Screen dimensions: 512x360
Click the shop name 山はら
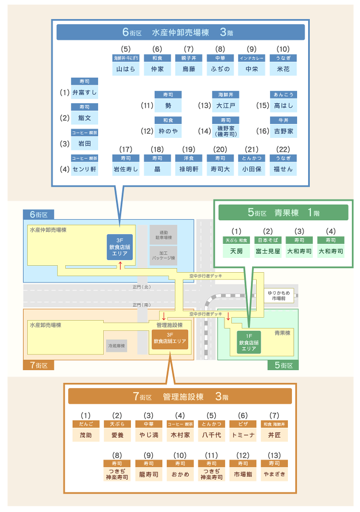pyautogui.click(x=125, y=69)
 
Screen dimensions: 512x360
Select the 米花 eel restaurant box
pyautogui.click(x=283, y=69)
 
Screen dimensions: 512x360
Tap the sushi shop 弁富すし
pyautogui.click(x=84, y=92)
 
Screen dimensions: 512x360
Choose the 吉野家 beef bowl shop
pyautogui.click(x=283, y=131)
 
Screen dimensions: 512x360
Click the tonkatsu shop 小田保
pyautogui.click(x=252, y=169)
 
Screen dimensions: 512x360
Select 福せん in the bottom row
pyautogui.click(x=283, y=169)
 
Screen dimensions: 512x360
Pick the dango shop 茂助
pyautogui.click(x=85, y=435)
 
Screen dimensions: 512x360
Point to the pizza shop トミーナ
pyautogui.click(x=242, y=435)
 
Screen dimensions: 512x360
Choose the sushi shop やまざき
pyautogui.click(x=273, y=474)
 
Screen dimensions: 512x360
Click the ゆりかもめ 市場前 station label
pyautogui.click(x=280, y=295)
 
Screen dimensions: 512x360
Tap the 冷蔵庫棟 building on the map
pyautogui.click(x=117, y=346)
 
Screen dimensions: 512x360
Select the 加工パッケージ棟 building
pyautogui.click(x=163, y=255)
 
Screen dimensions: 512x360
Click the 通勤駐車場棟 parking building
pyautogui.click(x=163, y=235)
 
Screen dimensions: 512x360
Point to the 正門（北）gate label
pyautogui.click(x=141, y=287)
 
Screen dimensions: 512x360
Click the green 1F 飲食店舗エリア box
pyautogui.click(x=249, y=342)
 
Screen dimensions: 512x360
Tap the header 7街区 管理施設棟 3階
pyautogui.click(x=180, y=397)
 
